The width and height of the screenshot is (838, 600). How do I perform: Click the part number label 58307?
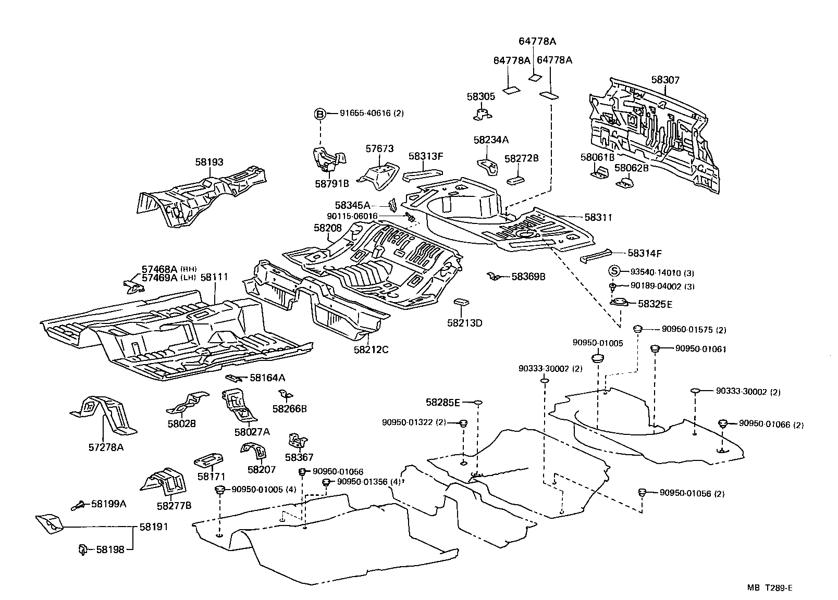click(x=665, y=80)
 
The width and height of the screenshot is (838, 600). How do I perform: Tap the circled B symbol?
click(x=320, y=114)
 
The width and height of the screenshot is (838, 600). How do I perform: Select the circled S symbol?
click(x=615, y=270)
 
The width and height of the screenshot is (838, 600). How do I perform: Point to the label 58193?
click(x=209, y=162)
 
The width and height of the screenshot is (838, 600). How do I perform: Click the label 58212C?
click(x=371, y=349)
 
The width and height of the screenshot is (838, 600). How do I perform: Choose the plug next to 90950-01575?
click(x=637, y=329)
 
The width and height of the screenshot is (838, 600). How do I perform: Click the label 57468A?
click(x=159, y=269)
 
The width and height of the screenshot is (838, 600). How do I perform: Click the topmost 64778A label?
click(x=537, y=41)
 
